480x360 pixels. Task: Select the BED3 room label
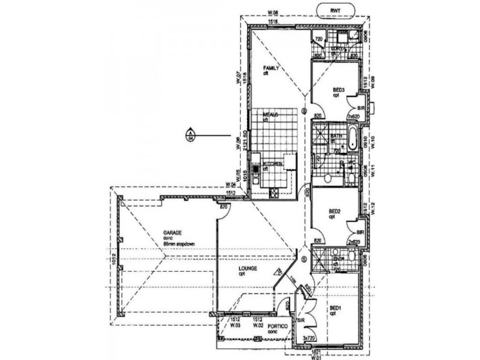tap(338, 91)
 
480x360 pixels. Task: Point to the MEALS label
tap(262, 114)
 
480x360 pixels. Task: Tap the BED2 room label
tap(335, 212)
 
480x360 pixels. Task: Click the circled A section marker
tap(190, 134)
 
